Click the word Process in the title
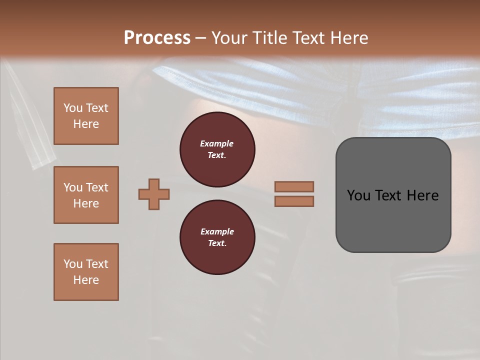pos(157,37)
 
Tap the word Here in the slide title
pos(348,37)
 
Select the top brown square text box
pos(86,116)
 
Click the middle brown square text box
pos(86,195)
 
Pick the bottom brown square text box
pos(86,272)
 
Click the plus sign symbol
pos(154,194)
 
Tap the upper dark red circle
pos(217,149)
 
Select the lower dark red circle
pos(217,237)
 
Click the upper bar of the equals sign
pos(294,186)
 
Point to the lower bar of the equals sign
pos(294,201)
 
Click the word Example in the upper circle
pos(217,143)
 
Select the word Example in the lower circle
pos(217,231)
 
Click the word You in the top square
pos(73,108)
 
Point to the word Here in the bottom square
pos(86,280)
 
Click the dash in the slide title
pos(201,38)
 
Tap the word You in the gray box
pos(358,195)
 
